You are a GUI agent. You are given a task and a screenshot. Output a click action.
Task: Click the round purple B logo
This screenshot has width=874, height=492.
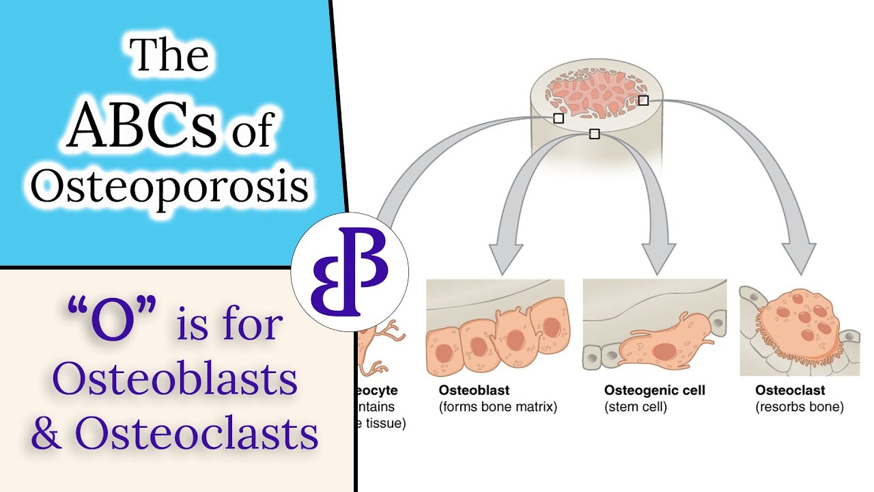click(350, 272)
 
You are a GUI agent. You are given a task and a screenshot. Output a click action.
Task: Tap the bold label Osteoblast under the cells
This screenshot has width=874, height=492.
click(474, 391)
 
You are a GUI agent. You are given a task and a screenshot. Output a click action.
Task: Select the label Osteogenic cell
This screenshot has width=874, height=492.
click(654, 391)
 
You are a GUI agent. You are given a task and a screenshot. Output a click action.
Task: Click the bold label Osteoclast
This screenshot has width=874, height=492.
click(790, 391)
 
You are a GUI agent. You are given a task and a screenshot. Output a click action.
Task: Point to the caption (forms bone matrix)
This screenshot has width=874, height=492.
click(497, 407)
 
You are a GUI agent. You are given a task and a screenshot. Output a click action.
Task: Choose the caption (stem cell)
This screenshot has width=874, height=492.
click(635, 407)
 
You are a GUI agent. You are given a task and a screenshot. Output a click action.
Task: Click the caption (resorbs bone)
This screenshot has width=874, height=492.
click(800, 407)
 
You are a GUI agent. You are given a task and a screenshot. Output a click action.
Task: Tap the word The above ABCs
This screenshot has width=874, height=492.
click(169, 56)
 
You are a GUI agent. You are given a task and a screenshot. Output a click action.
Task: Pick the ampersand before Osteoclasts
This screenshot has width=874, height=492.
click(46, 433)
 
